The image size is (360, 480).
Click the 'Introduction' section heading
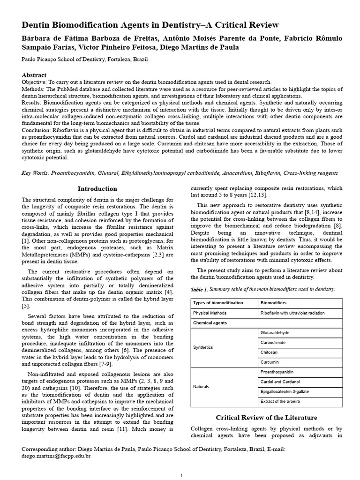(97, 189)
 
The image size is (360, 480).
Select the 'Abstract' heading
(34, 75)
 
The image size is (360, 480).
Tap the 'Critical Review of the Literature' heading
(266, 417)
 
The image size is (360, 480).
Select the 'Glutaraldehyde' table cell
(275, 332)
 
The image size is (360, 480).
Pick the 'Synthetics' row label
(203, 347)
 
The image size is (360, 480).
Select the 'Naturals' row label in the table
(202, 387)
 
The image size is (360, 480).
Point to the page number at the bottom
(181, 476)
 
